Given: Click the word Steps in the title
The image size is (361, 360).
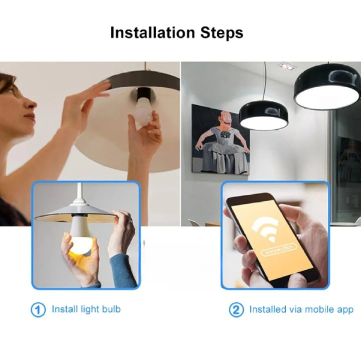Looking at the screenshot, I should [223, 33].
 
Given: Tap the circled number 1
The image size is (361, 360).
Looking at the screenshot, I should [39, 310].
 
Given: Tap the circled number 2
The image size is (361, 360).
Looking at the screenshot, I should [236, 310].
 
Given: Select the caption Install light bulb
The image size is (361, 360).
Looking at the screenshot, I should [86, 310].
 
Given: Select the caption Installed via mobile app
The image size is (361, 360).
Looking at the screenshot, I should [301, 310].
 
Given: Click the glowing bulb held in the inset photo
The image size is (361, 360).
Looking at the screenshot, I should [78, 243].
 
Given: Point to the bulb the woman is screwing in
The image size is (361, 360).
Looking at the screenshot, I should [142, 115].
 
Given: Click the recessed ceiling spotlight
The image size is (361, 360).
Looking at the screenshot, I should [286, 66].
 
